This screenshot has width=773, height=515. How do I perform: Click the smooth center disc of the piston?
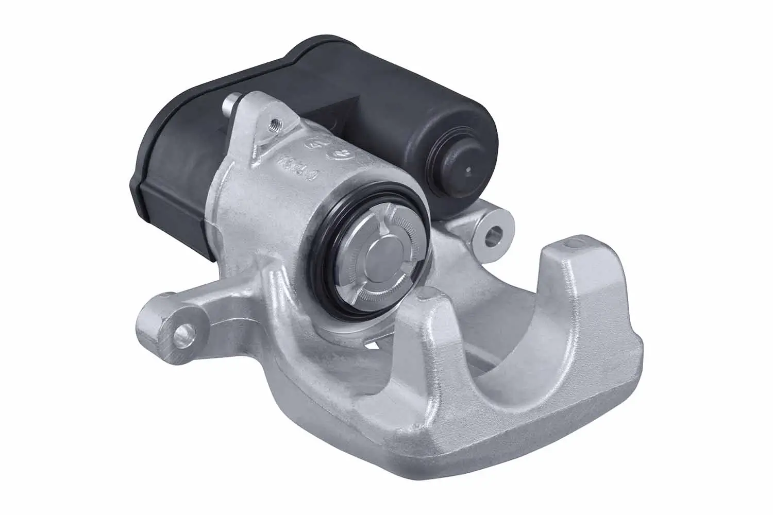pyautogui.click(x=382, y=262)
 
